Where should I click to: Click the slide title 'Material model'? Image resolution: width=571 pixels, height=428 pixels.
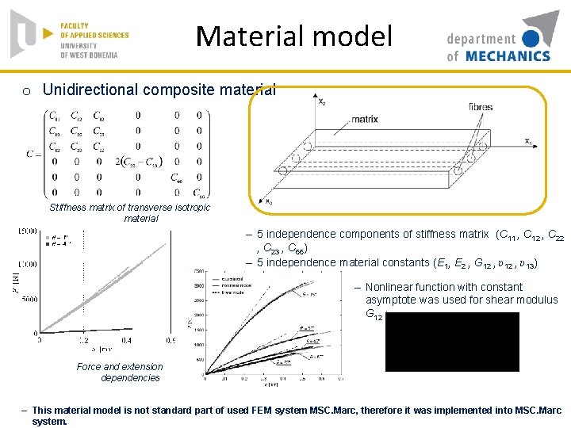(x=293, y=36)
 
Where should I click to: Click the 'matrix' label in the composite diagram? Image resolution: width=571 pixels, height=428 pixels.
(x=364, y=119)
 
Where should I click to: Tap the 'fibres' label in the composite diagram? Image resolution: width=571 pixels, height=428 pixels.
(x=480, y=106)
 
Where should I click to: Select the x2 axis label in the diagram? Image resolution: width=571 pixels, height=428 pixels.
(x=320, y=101)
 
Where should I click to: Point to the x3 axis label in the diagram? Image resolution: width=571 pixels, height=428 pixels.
(x=270, y=202)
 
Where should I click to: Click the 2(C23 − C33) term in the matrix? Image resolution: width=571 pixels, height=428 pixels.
(x=138, y=162)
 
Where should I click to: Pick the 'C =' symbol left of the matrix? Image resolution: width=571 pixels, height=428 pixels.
(x=33, y=153)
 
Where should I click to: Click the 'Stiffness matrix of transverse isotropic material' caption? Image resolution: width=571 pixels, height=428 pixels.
(x=130, y=212)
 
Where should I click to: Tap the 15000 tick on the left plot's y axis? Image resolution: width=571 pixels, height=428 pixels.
(x=27, y=231)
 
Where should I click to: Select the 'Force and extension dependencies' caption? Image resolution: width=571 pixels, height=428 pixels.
(x=120, y=372)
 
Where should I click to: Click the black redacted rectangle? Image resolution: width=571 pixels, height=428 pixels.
(x=452, y=342)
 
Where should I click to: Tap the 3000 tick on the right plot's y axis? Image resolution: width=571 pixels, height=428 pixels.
(x=198, y=285)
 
